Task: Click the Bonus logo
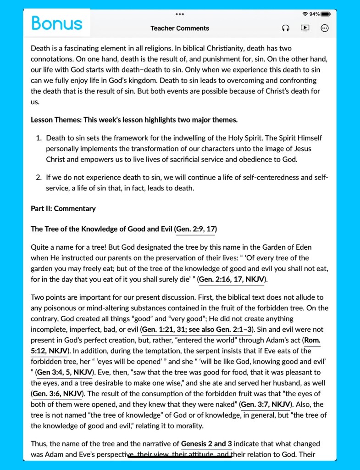pyautogui.click(x=57, y=23)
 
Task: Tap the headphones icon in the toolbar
pyautogui.click(x=285, y=28)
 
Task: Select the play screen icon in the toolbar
pyautogui.click(x=305, y=28)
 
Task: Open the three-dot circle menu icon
pyautogui.click(x=325, y=28)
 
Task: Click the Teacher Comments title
pyautogui.click(x=180, y=28)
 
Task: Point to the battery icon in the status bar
pyautogui.click(x=325, y=14)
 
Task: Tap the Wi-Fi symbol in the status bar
pyautogui.click(x=305, y=14)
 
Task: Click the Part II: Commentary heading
pyautogui.click(x=63, y=208)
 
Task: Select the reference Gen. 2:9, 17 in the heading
pyautogui.click(x=196, y=229)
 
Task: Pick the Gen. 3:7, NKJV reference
pyautogui.click(x=266, y=404)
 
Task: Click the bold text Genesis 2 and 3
pyautogui.click(x=206, y=444)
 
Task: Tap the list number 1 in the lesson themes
pyautogui.click(x=39, y=138)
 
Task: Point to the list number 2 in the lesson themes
pyautogui.click(x=39, y=177)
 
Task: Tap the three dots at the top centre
pyautogui.click(x=180, y=14)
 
